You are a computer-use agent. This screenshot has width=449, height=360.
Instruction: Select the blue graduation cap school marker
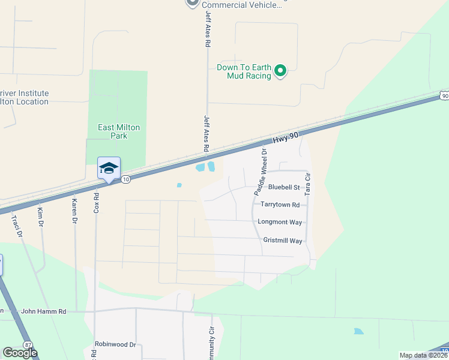click(x=109, y=168)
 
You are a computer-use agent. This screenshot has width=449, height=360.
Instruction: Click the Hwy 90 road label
click(x=285, y=138)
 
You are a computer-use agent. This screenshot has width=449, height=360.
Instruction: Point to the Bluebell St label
click(x=284, y=188)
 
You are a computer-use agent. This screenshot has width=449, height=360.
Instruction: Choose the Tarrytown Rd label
click(x=279, y=205)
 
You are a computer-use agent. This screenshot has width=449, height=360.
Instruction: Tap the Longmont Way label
click(x=280, y=222)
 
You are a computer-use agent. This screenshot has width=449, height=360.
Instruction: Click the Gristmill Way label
click(x=282, y=241)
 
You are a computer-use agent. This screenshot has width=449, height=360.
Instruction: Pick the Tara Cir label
click(x=307, y=184)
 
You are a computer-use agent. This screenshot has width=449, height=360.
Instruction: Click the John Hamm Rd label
click(x=43, y=311)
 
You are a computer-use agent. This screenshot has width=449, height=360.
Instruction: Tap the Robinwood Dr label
click(x=115, y=345)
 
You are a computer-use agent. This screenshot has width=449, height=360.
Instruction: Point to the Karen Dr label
click(x=75, y=211)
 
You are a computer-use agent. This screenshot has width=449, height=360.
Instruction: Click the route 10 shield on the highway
click(x=125, y=179)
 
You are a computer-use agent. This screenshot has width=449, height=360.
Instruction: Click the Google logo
click(x=20, y=353)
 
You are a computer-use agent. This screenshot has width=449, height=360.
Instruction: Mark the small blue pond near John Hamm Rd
click(x=359, y=331)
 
